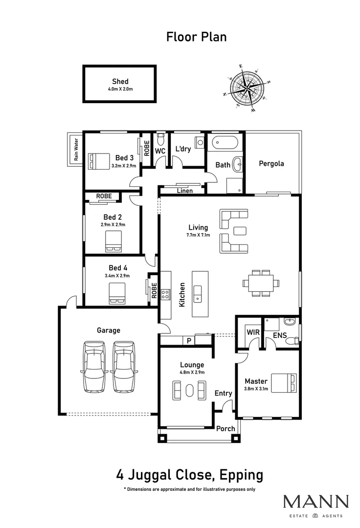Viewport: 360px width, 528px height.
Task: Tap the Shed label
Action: [x=120, y=82]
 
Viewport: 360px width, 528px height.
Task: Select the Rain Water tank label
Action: [x=76, y=150]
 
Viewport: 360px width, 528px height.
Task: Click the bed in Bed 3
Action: [x=99, y=160]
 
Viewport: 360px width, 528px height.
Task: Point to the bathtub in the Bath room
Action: [x=225, y=144]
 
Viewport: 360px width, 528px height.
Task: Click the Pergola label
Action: [x=271, y=164]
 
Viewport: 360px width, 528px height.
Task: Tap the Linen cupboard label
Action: [x=184, y=191]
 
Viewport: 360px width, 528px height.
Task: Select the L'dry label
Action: [x=182, y=149]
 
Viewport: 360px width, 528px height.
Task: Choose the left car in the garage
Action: [x=93, y=366]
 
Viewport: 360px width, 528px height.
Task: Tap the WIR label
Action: [x=252, y=332]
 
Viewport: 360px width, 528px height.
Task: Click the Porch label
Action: [x=225, y=429]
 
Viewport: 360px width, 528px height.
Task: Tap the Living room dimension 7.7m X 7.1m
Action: [x=198, y=235]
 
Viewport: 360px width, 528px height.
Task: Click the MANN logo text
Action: [x=316, y=502]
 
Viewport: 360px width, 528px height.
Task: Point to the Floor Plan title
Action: [x=196, y=37]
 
